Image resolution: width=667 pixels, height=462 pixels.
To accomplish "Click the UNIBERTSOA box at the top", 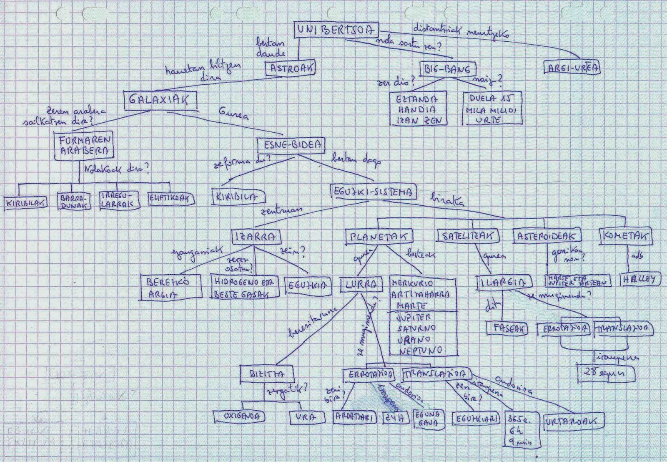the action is click(336, 30).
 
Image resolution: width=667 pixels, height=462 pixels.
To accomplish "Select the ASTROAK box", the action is click(291, 68).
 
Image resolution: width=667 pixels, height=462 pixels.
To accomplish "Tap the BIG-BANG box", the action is click(447, 69).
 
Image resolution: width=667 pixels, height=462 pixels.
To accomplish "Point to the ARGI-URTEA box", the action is click(572, 68).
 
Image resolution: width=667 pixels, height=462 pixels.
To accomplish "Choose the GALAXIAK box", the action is click(160, 100).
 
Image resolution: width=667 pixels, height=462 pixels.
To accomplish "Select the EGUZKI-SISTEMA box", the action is click(373, 192).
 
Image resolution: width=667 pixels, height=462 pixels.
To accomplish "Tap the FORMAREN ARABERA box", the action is click(83, 145).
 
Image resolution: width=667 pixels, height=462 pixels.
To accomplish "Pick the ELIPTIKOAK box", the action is click(171, 199).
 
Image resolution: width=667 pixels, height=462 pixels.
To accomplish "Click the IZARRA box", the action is click(256, 237).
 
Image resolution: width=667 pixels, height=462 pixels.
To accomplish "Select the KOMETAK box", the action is click(625, 236).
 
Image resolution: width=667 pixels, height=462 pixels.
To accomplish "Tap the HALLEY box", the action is click(639, 279).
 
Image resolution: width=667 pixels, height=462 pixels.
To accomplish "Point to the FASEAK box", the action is click(507, 328).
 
